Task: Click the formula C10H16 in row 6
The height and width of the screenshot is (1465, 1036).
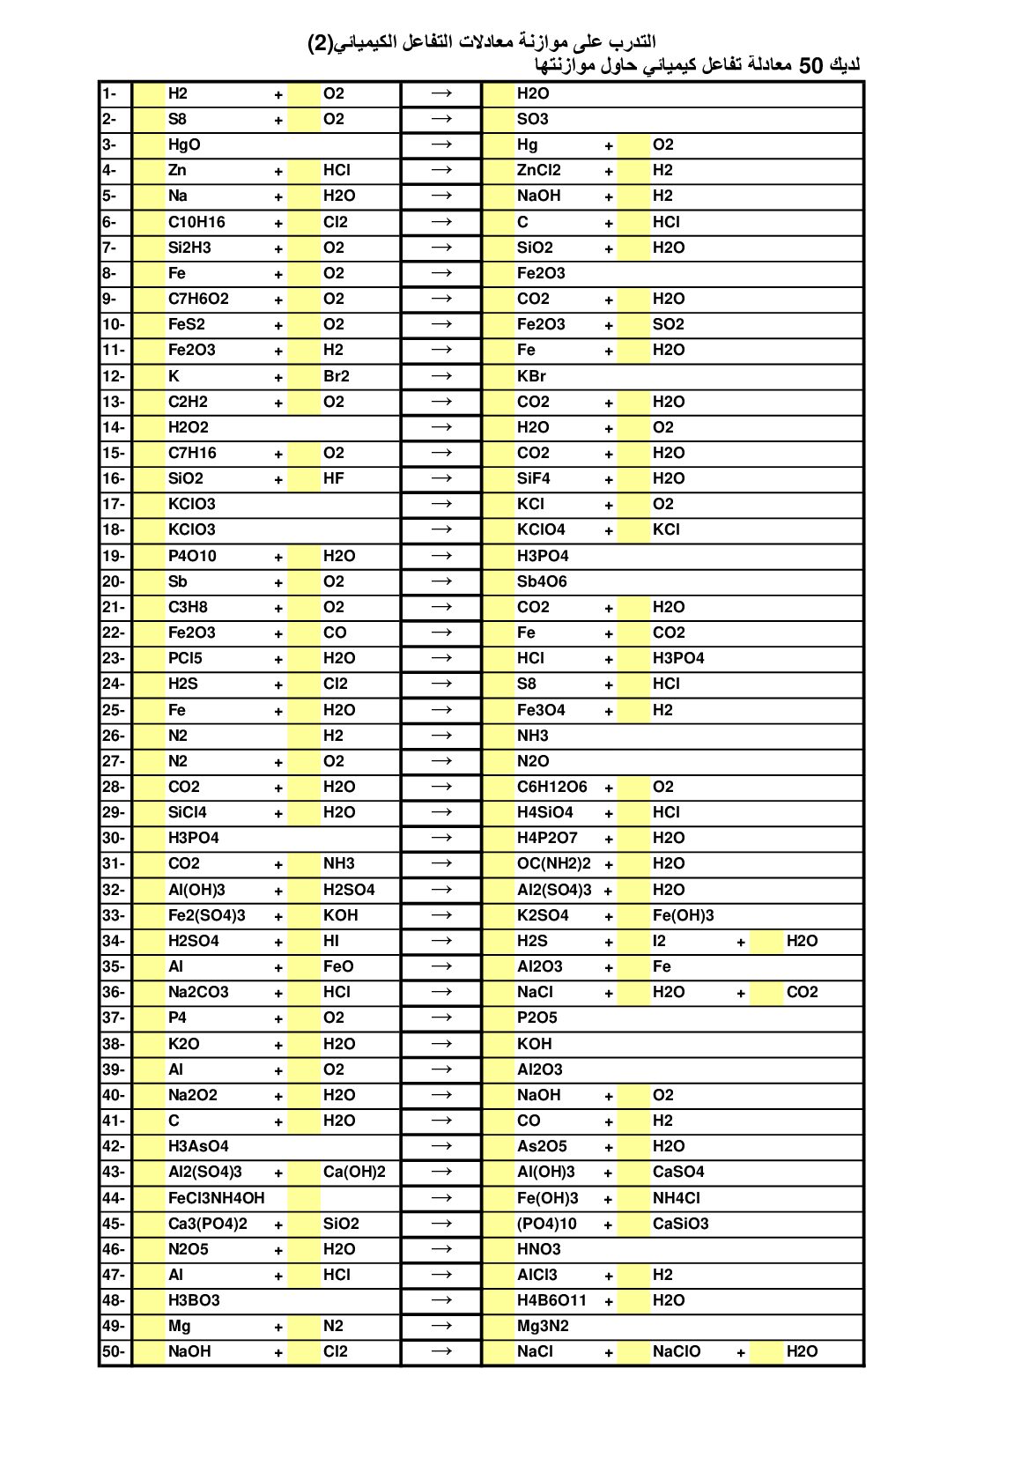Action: click(196, 222)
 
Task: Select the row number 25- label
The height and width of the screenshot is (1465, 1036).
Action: click(114, 710)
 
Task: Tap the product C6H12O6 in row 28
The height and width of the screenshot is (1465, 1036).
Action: click(551, 787)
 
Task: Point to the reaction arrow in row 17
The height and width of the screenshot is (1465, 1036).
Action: click(441, 504)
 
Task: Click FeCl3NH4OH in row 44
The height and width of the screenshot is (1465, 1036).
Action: click(216, 1198)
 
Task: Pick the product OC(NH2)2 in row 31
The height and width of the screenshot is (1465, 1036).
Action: click(553, 863)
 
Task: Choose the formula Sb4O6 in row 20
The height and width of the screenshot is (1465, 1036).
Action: click(542, 581)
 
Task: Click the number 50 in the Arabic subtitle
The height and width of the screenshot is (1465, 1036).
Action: click(810, 66)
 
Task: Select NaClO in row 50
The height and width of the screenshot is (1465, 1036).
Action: click(677, 1351)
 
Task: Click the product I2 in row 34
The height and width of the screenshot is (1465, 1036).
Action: click(660, 941)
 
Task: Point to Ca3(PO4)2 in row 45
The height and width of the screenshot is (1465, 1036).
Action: click(207, 1224)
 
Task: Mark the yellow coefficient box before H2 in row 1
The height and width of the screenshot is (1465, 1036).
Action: click(149, 93)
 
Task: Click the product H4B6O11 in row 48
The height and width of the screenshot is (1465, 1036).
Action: click(551, 1300)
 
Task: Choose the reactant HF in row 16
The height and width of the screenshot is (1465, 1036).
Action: click(334, 478)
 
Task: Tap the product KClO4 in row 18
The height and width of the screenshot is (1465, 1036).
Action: click(541, 529)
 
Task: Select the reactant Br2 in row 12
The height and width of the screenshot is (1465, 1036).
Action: click(337, 376)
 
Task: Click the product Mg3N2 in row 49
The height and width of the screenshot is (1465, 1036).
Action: click(544, 1326)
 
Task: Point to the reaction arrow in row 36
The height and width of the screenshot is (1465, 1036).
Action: click(441, 992)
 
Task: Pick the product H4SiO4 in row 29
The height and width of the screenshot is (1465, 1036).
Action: click(544, 812)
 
